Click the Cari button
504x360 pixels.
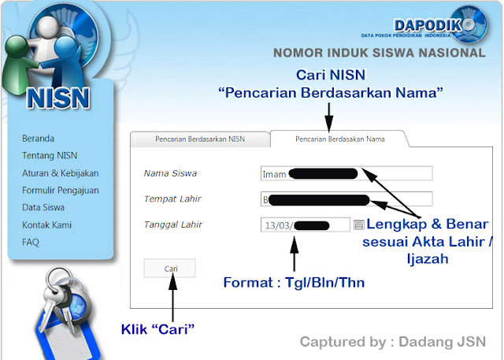(170, 269)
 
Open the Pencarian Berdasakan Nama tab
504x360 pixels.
(339, 139)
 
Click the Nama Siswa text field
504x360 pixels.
(346, 173)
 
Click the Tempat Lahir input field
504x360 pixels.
(346, 199)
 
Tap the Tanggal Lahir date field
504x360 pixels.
(305, 225)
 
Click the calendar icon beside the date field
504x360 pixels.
(358, 225)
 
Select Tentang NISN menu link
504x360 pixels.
(50, 155)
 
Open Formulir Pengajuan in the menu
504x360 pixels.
(61, 190)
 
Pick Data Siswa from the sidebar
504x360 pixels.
(43, 207)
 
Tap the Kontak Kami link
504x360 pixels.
(46, 225)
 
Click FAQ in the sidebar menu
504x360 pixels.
(31, 242)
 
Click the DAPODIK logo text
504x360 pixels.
(428, 24)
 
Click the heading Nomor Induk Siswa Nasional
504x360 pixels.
(379, 54)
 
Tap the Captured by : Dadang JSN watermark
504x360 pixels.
(393, 342)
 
